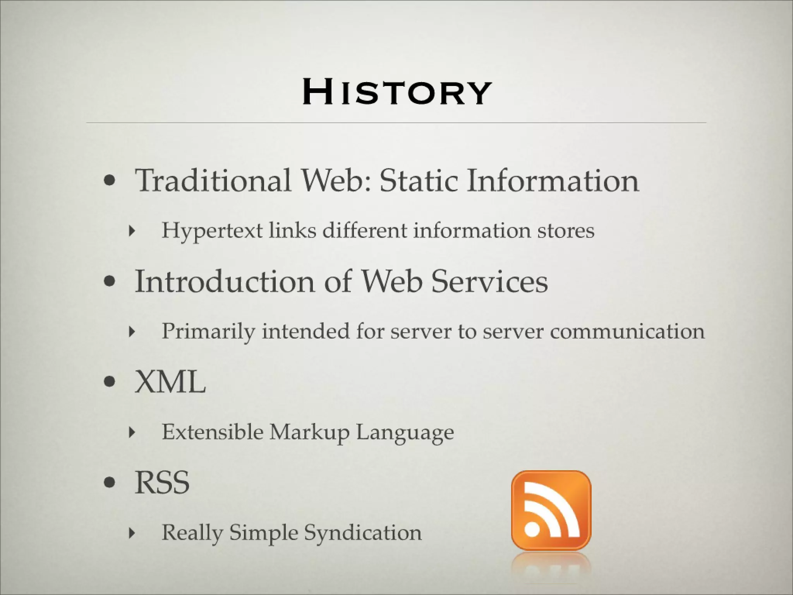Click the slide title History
[x=396, y=92]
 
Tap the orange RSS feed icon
[x=551, y=510]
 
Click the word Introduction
[x=225, y=281]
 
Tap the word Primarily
[x=208, y=332]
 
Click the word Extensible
[x=213, y=432]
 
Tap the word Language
[x=405, y=433]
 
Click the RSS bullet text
[x=162, y=483]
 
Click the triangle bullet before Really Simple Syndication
[x=132, y=533]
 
